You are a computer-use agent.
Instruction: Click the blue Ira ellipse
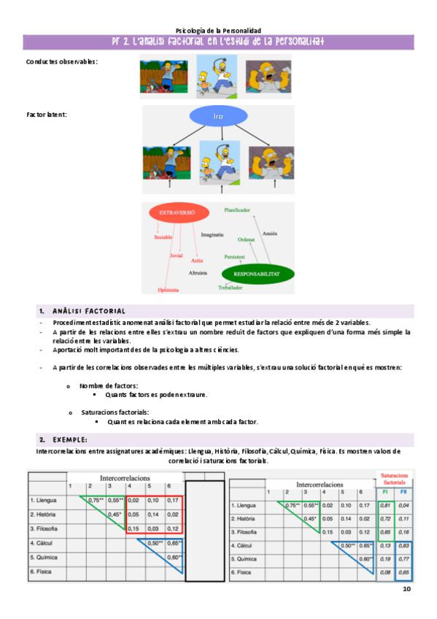(217, 117)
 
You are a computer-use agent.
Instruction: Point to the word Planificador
(237, 209)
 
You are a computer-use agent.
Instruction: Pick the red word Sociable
(163, 237)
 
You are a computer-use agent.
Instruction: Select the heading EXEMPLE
(69, 439)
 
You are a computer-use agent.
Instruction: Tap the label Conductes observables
(61, 61)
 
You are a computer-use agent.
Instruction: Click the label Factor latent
(46, 115)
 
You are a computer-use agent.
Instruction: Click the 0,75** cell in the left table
(96, 500)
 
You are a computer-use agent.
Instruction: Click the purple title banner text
(218, 42)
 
